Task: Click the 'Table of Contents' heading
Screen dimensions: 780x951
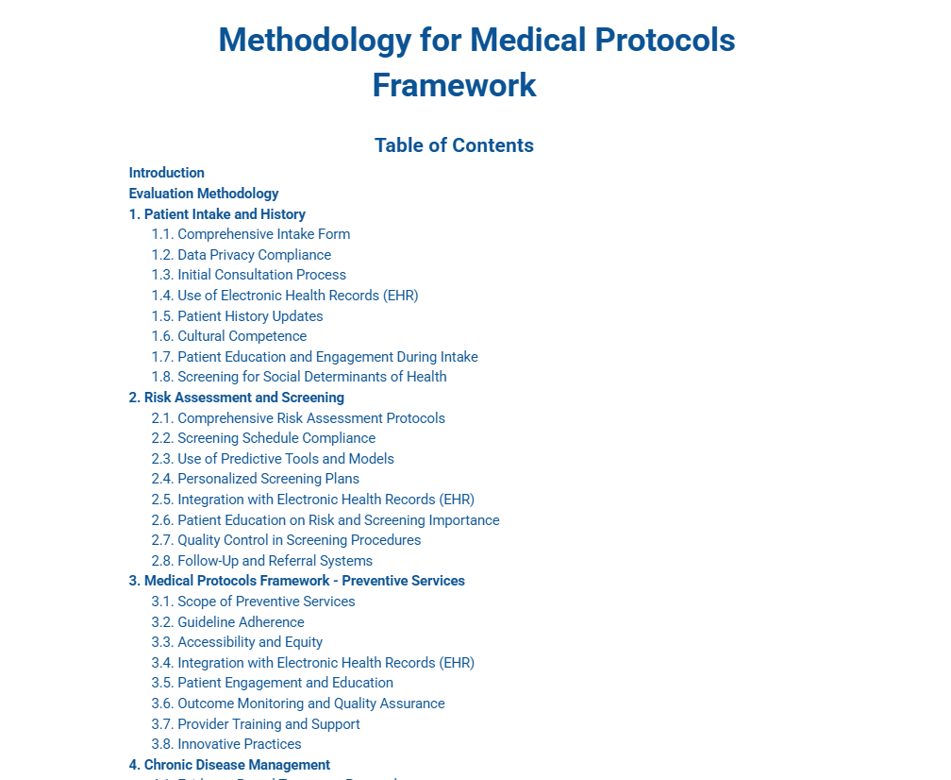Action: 454,145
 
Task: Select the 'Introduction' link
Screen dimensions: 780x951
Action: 167,173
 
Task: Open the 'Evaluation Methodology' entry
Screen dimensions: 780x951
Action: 204,194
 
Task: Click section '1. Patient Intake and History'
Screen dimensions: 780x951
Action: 217,214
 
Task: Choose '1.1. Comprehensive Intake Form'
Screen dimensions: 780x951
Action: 251,234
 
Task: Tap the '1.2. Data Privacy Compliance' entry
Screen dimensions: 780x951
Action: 242,255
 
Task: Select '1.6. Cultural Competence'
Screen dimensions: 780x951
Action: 229,336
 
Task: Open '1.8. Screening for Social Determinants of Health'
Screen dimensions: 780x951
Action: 299,377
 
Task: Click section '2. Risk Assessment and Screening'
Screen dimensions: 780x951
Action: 237,398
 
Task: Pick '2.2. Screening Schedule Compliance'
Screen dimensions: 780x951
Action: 263,438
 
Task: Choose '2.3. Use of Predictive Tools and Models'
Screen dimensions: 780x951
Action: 273,459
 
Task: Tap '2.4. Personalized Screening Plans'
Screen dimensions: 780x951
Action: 256,479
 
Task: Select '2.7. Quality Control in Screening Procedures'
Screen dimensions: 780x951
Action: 286,540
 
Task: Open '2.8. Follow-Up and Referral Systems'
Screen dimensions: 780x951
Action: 262,561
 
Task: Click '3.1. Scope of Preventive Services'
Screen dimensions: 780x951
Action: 254,602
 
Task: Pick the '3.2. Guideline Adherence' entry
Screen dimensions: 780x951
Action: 228,622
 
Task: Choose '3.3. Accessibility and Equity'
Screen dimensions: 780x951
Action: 238,642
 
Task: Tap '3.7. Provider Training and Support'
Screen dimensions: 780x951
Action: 256,724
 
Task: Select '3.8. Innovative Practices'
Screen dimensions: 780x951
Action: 226,744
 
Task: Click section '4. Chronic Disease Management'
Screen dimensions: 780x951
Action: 229,765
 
